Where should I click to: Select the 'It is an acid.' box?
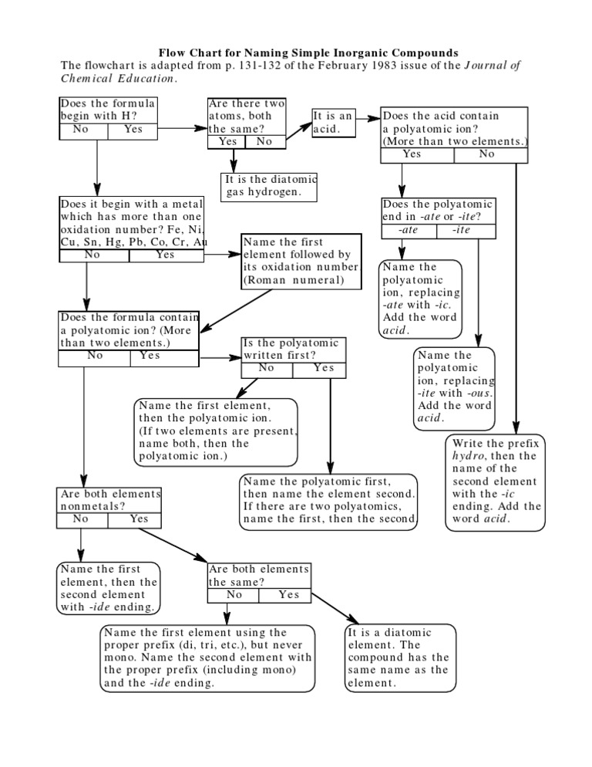[x=333, y=122]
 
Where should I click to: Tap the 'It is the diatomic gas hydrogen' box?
[x=269, y=185]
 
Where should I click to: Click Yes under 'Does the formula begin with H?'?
[x=133, y=130]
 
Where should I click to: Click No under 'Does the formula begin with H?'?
[x=80, y=130]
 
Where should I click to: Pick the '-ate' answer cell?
[x=409, y=230]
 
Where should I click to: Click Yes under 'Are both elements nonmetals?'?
[x=139, y=519]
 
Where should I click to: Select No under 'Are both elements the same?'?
[x=234, y=595]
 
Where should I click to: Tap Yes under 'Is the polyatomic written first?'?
[x=325, y=368]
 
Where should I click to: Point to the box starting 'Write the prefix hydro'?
[x=496, y=482]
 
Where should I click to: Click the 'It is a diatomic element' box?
[x=398, y=657]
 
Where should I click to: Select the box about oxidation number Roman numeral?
[x=301, y=262]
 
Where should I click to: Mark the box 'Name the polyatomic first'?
[x=330, y=500]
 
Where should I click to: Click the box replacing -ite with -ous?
[x=455, y=387]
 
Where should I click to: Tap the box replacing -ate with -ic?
[x=421, y=299]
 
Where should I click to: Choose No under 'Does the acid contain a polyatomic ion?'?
[x=486, y=154]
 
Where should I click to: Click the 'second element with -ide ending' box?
[x=108, y=588]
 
